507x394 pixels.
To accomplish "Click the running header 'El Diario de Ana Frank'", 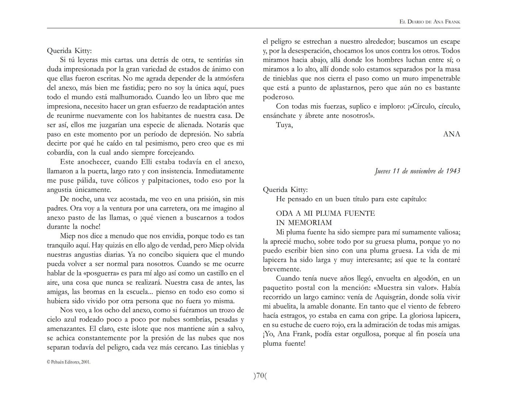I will tap(430, 22).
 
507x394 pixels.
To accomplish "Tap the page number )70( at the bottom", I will tap(260, 376).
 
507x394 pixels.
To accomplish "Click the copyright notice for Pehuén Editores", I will tap(69, 362).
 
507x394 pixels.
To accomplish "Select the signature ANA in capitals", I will tap(451, 134).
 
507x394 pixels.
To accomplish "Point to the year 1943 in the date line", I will tap(453, 171).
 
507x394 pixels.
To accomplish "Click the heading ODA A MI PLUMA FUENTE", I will tap(325, 213).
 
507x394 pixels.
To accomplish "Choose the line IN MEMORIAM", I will tap(304, 223).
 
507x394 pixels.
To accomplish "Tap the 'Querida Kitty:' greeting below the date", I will tap(285, 190).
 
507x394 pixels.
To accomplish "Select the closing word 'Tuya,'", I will tap(284, 125).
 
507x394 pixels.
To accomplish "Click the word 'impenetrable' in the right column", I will tap(441, 78).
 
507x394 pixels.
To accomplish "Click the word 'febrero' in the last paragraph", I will tap(446, 306).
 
